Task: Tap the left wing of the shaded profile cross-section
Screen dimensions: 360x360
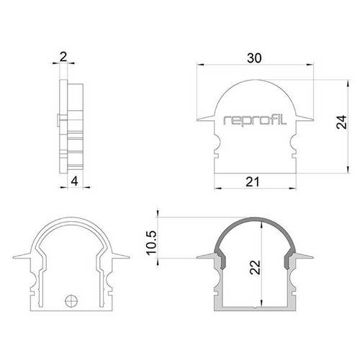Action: [205, 256]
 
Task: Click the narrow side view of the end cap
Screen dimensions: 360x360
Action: [72, 126]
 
